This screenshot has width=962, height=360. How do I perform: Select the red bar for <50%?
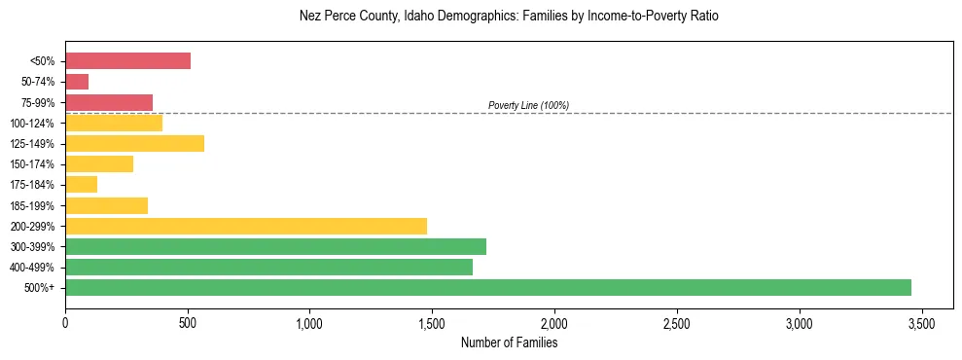pyautogui.click(x=127, y=61)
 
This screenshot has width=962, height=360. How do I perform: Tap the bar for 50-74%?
pyautogui.click(x=77, y=82)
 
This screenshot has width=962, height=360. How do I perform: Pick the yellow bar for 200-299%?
pyautogui.click(x=246, y=226)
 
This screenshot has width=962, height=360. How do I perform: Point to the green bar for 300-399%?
pyautogui.click(x=275, y=246)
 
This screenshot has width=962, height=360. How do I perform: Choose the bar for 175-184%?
pyautogui.click(x=81, y=185)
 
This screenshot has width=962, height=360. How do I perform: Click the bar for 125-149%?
pyautogui.click(x=134, y=144)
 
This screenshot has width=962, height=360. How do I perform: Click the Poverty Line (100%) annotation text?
pyautogui.click(x=528, y=105)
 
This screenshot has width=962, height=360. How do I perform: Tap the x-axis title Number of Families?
pyautogui.click(x=509, y=342)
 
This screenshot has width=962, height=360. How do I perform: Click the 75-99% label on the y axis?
pyautogui.click(x=37, y=103)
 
